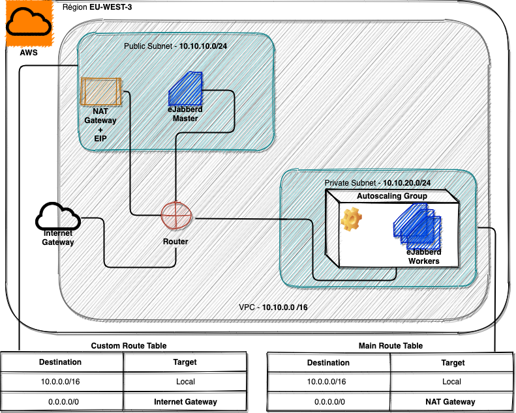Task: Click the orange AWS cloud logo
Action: tap(28, 24)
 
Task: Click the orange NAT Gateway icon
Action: tap(100, 91)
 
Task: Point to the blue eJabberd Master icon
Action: tap(185, 90)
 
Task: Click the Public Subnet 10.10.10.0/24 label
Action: tap(175, 47)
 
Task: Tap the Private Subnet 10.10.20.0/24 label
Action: tap(378, 184)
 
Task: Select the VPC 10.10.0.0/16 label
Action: tap(273, 306)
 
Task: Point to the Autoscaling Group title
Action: tap(391, 196)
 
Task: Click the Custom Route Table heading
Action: tap(129, 346)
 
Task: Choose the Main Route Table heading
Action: tap(391, 346)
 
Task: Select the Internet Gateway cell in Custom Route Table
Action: tap(185, 402)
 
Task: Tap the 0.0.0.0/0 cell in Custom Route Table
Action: tap(63, 402)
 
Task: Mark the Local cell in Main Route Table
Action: tap(451, 382)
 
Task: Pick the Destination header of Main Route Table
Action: tap(328, 362)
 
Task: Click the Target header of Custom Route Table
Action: tap(185, 362)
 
